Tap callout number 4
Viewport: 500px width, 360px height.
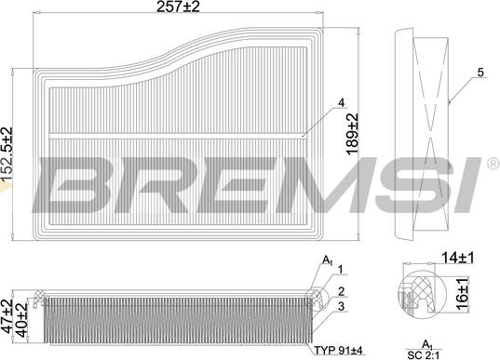341,101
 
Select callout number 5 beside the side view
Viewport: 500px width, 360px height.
480,72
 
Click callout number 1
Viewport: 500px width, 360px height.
341,271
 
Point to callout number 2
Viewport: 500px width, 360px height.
341,291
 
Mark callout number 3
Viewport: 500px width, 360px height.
341,306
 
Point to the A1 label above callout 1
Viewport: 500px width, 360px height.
327,260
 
